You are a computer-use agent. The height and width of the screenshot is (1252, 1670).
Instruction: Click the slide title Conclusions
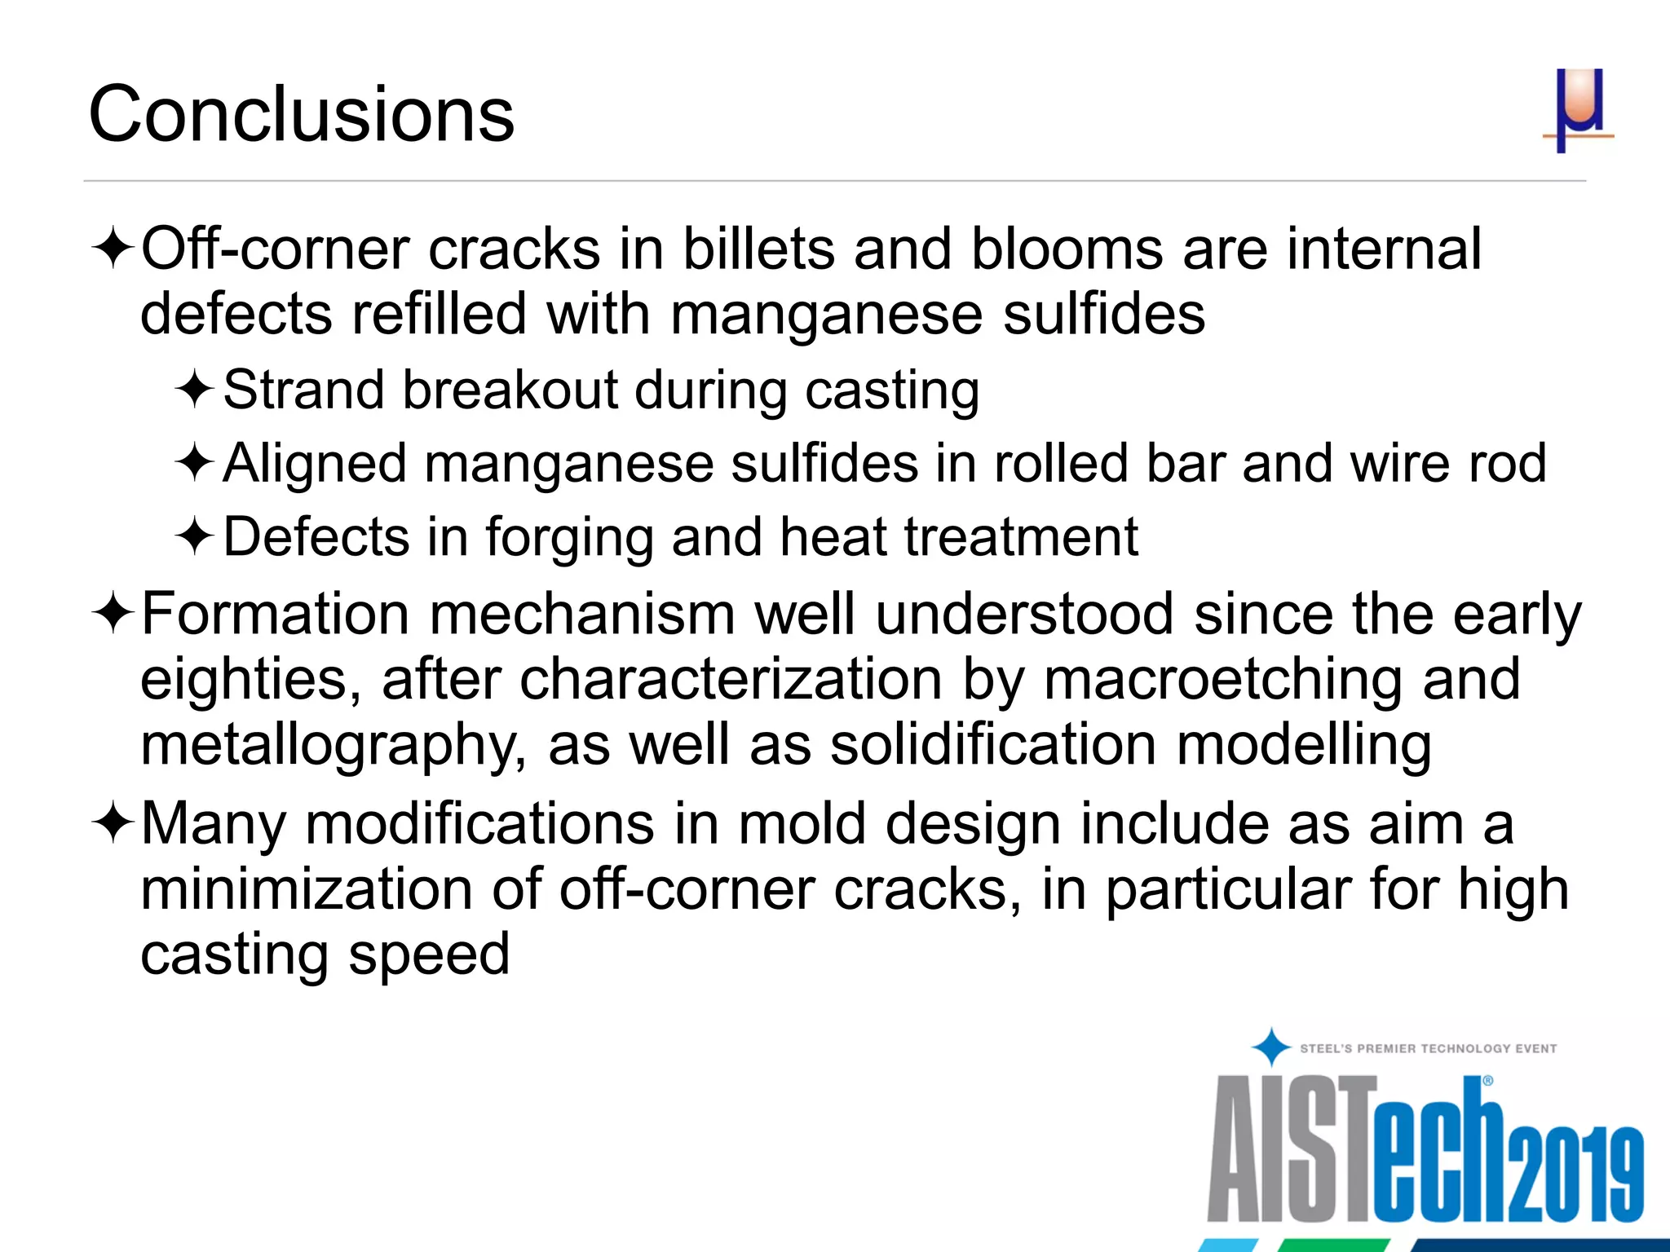(301, 114)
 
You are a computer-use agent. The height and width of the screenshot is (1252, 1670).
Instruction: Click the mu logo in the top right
(1578, 110)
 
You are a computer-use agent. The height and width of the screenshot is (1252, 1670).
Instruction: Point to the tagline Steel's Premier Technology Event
(1428, 1048)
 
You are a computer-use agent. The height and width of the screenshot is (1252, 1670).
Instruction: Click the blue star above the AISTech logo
(1270, 1047)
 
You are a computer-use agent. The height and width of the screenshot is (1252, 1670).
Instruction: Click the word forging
(569, 538)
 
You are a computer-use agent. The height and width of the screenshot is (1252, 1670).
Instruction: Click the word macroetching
(1222, 680)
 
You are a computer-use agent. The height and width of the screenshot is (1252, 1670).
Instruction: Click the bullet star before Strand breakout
(194, 389)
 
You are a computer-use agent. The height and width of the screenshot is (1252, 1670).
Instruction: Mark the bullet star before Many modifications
(113, 822)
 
